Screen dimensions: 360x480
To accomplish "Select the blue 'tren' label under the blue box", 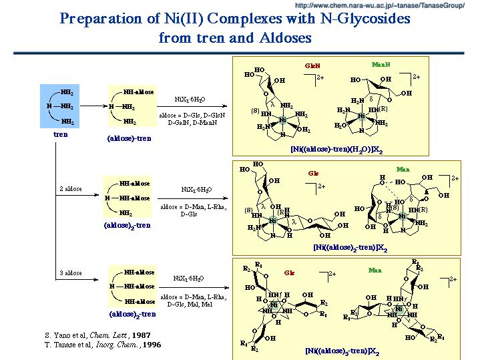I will click(61, 135).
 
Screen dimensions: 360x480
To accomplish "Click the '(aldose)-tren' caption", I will click(128, 138).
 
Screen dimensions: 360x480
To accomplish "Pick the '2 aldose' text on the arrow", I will click(70, 189).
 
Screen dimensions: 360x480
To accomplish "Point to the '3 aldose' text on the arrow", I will click(70, 273).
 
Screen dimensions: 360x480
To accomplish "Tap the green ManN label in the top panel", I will click(381, 65).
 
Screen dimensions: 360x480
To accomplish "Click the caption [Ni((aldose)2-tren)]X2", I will click(348, 247).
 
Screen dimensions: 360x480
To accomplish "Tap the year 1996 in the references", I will click(150, 345).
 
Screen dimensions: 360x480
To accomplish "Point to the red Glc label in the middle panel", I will click(313, 174).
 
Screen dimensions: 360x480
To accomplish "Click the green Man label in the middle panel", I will click(403, 170).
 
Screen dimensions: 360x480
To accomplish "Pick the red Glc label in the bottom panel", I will click(290, 273).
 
